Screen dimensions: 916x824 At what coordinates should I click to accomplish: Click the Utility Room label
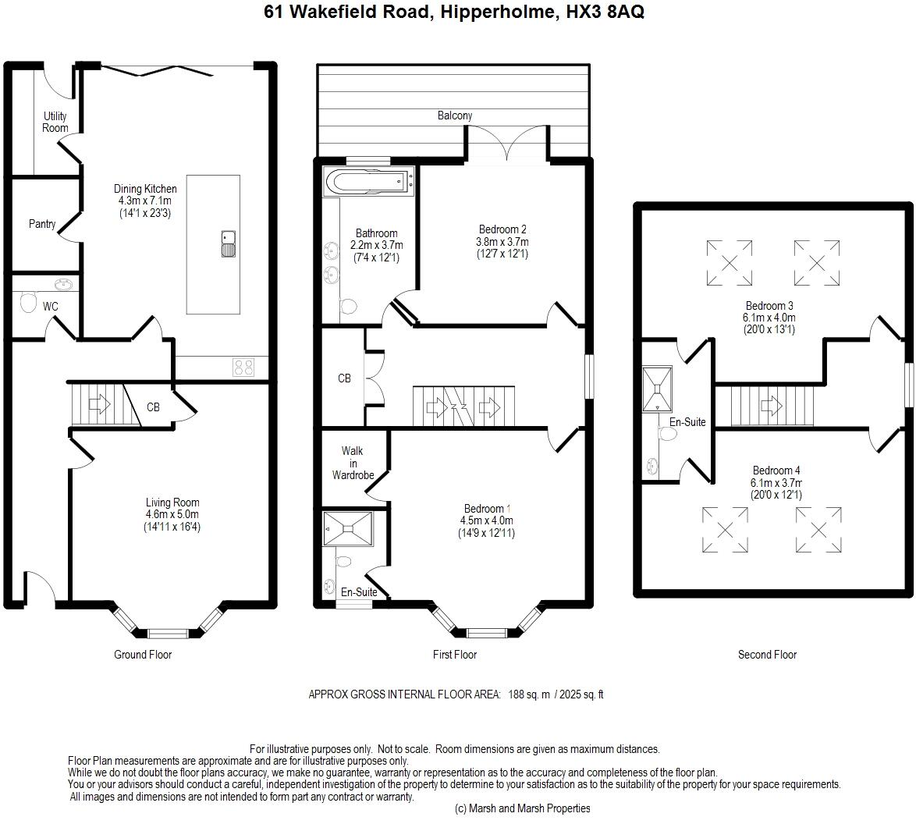(x=55, y=122)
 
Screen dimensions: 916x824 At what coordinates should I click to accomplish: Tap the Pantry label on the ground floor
(x=42, y=224)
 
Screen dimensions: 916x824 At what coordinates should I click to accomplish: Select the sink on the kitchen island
(x=229, y=244)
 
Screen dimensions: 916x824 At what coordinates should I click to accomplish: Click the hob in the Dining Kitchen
(x=243, y=367)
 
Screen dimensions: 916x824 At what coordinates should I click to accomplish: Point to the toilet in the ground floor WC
(x=28, y=302)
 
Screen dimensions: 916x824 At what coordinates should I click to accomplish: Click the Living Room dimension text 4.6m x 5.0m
(x=172, y=514)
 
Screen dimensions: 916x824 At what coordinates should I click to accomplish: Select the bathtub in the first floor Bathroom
(x=368, y=181)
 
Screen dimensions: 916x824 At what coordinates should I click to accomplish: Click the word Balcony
(x=455, y=115)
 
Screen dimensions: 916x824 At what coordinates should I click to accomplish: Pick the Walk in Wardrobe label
(x=353, y=463)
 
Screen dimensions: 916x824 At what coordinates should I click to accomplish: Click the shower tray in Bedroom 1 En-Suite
(x=348, y=529)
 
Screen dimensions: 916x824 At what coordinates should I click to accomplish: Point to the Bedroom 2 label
(x=502, y=229)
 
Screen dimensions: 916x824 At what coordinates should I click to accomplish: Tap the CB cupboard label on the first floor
(x=344, y=378)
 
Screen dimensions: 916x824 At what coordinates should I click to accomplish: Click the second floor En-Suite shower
(x=657, y=389)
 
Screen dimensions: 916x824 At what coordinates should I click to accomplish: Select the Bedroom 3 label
(x=769, y=305)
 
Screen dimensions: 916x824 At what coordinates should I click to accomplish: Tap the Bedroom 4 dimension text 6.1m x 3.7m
(x=776, y=483)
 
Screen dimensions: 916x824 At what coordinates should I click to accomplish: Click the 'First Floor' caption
(x=455, y=655)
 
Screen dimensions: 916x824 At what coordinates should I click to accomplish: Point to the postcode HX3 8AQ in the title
(x=605, y=12)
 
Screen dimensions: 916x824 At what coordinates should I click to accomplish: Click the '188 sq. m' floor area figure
(x=529, y=694)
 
